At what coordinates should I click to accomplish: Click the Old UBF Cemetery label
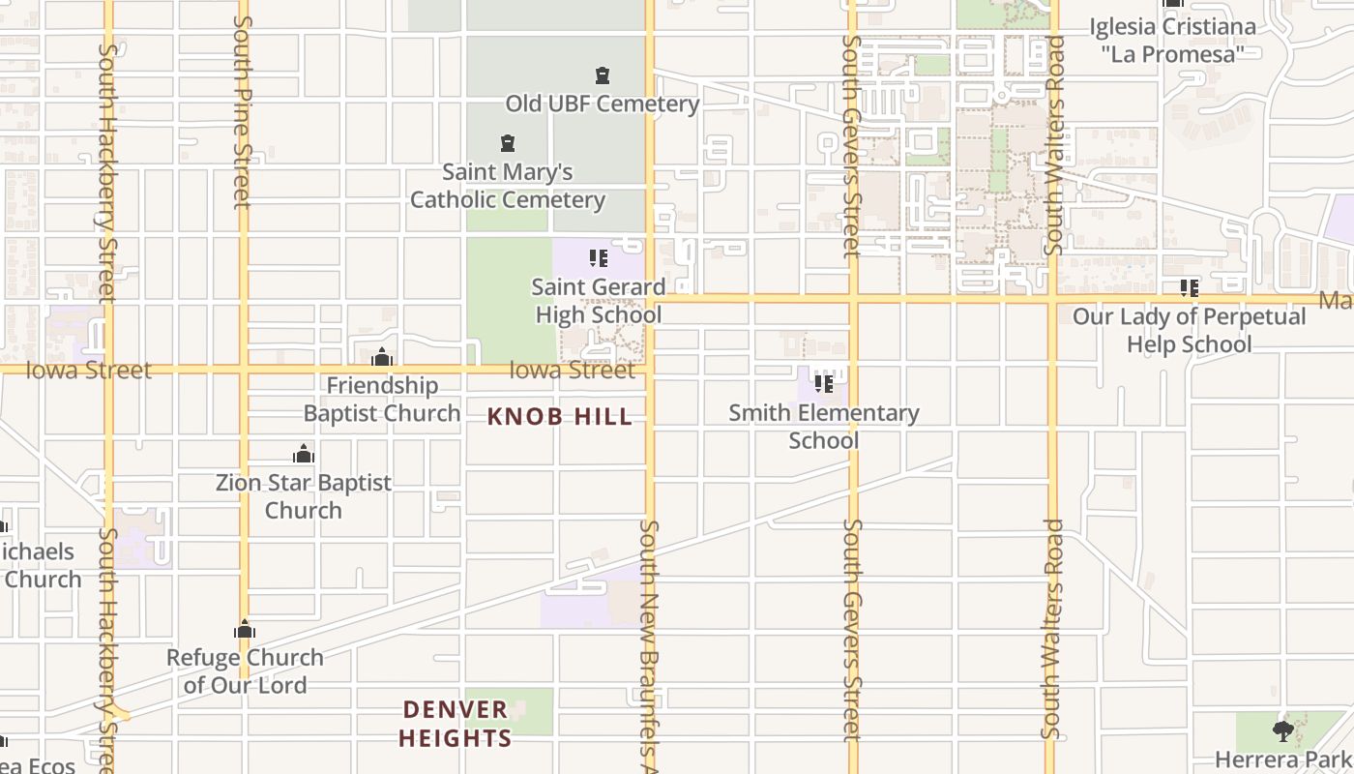pos(602,104)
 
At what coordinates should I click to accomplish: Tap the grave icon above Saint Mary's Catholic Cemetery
pos(508,144)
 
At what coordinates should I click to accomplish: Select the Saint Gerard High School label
pos(599,301)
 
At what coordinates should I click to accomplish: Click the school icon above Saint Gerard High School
pos(599,258)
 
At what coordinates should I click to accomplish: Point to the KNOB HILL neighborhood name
pos(560,417)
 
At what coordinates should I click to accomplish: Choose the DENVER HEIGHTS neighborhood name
pos(455,724)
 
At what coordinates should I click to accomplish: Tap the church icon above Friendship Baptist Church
pos(382,357)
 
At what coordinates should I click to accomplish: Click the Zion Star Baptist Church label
pos(304,496)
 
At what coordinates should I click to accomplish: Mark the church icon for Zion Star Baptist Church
pos(304,454)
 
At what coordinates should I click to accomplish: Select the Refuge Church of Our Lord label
pos(245,671)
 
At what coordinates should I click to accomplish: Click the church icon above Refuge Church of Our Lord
pos(245,630)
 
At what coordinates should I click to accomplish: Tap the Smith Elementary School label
pos(824,427)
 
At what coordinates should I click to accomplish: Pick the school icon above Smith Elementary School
pos(824,384)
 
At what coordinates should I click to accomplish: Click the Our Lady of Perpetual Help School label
pos(1189,331)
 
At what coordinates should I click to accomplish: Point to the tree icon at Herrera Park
pos(1283,729)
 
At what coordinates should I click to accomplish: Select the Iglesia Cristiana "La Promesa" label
pos(1173,41)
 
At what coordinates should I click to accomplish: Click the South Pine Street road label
pos(242,111)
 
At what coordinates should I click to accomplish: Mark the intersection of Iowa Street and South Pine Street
pos(244,370)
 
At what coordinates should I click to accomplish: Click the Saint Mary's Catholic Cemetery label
pos(508,186)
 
